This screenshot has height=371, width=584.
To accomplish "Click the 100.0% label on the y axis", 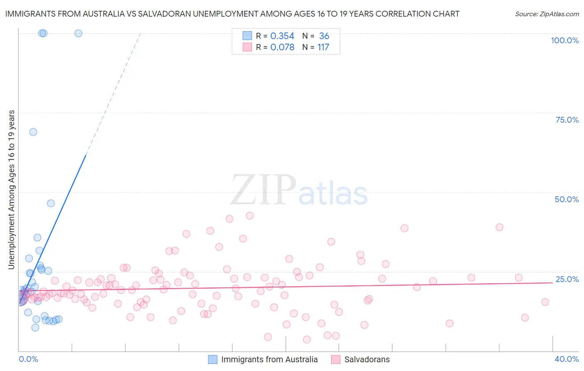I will coord(564,40).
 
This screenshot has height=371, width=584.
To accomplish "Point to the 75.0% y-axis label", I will coord(567,120).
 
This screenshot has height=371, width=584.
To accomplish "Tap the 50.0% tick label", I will coord(567,199).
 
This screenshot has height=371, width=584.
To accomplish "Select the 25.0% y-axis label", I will coord(567,279).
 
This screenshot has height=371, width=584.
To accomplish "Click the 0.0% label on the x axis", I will coord(28,359).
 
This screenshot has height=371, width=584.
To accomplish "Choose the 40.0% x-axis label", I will coord(567,359).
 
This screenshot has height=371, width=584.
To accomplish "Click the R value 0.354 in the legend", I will coord(282,36).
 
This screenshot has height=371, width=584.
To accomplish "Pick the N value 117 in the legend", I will coord(323,47).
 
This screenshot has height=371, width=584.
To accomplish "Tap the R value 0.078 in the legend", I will coord(282,47).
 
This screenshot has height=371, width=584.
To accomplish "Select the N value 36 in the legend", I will coord(324,36).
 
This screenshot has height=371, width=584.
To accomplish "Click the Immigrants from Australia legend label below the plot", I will coord(269,359).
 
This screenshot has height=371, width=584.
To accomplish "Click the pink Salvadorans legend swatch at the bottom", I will coord(336,359).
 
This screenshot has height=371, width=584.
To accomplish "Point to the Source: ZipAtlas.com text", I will coord(547,14).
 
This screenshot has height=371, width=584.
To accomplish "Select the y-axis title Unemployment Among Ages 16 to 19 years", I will coord(12,190).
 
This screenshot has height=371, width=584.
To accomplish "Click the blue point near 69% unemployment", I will coord(33,132).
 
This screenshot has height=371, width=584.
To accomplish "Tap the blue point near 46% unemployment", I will coord(51,203).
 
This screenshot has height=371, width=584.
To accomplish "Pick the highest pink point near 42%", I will coord(250,215).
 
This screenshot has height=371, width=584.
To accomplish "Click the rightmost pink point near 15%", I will coord(545,302).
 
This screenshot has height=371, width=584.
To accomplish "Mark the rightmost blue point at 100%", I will coord(78,33).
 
